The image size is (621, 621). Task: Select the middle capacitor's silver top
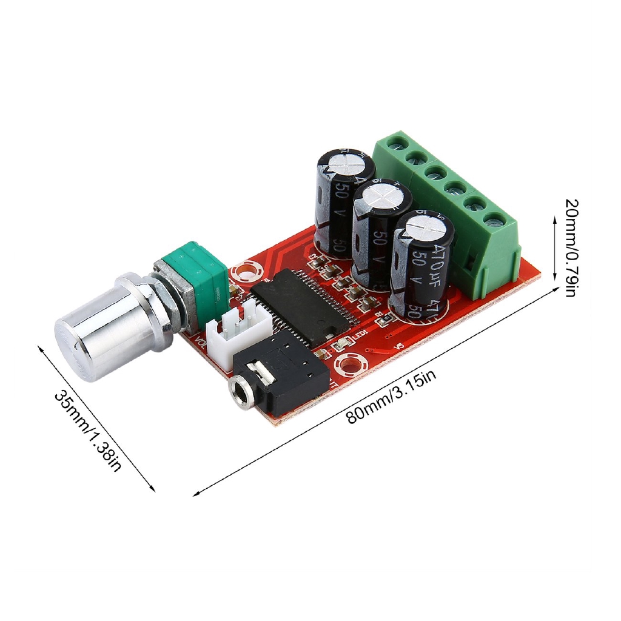click(x=382, y=196)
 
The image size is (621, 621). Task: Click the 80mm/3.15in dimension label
click(x=391, y=398)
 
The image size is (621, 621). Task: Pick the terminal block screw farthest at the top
click(x=398, y=143)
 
